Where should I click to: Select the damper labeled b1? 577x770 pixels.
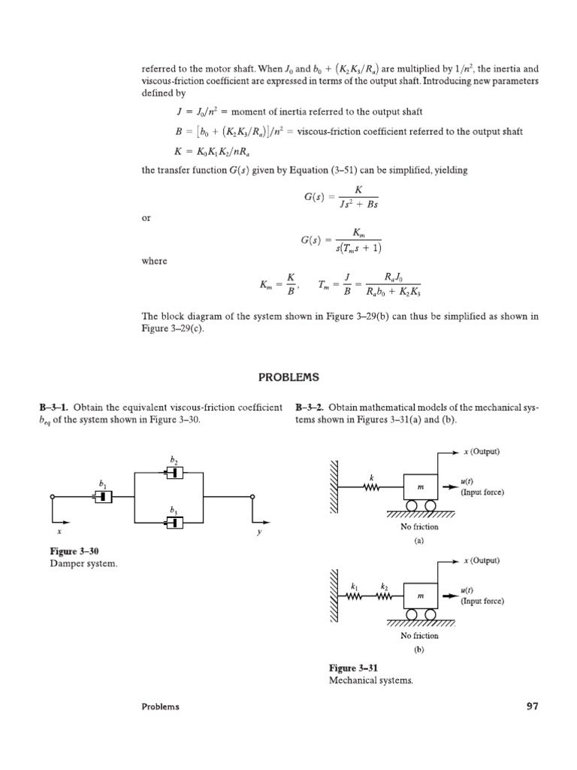tap(103, 496)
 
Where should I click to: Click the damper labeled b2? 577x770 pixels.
tap(174, 473)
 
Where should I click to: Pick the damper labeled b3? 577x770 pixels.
tap(174, 521)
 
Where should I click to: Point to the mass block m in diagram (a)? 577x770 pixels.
tap(420, 488)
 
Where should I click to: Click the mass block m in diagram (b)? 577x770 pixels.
tap(421, 596)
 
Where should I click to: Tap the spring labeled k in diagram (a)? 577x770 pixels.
tap(371, 487)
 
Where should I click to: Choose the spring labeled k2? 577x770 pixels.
tap(384, 596)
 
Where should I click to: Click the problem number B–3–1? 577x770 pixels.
tap(53, 407)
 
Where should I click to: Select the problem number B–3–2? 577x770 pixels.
tap(310, 407)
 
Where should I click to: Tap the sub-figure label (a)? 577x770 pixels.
tap(419, 541)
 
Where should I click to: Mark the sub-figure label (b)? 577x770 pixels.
tap(419, 650)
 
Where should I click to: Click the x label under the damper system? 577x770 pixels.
tap(53, 530)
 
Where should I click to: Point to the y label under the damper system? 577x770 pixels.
tap(258, 531)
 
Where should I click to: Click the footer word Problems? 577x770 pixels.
tap(161, 707)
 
